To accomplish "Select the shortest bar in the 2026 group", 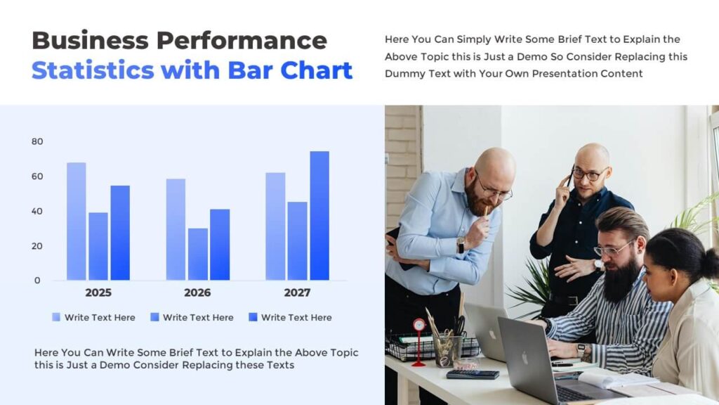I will tap(197, 254).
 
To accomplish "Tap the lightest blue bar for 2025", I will tap(77, 221).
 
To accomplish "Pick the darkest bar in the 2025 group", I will tap(120, 233).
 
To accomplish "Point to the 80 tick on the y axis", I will tap(37, 141).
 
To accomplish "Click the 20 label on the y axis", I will tap(37, 246).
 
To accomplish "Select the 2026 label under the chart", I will tap(197, 292).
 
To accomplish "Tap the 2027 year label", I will tap(296, 292).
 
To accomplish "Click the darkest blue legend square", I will tap(253, 317).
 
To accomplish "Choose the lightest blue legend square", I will tap(56, 317).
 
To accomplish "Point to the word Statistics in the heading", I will tap(93, 70).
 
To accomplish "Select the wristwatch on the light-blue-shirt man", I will tap(461, 245).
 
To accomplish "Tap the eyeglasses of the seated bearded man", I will tap(612, 250).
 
